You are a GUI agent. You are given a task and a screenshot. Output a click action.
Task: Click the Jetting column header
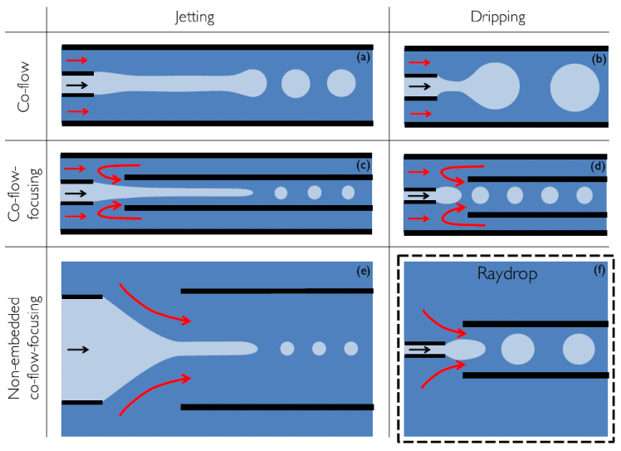click(x=217, y=17)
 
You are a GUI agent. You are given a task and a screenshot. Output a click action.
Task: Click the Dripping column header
click(x=502, y=17)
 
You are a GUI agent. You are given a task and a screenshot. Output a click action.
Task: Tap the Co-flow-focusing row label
click(x=25, y=192)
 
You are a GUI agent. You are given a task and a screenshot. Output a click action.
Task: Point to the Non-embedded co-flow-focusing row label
click(x=25, y=348)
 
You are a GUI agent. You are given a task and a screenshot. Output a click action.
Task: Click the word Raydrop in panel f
click(x=502, y=274)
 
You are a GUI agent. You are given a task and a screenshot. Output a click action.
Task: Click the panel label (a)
click(x=362, y=58)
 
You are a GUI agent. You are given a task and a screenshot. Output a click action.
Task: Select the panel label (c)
click(x=362, y=165)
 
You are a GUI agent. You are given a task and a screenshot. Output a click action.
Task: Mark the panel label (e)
click(x=362, y=271)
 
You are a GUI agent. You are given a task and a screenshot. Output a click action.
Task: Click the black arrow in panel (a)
click(x=76, y=85)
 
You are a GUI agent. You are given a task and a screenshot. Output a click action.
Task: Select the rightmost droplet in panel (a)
click(x=340, y=83)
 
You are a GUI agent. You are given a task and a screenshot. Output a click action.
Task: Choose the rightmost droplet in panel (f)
click(x=579, y=350)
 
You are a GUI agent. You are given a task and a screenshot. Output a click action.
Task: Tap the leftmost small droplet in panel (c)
click(x=281, y=193)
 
